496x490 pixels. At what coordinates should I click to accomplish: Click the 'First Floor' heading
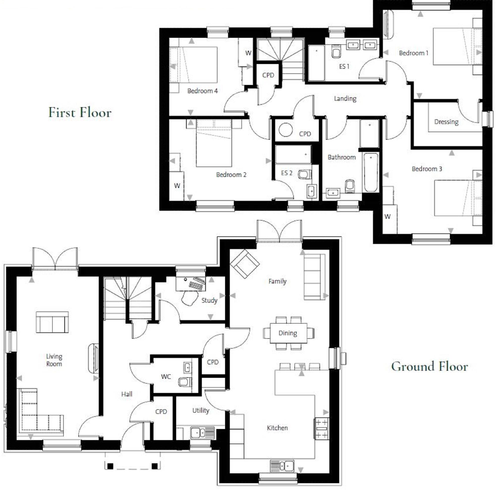80,112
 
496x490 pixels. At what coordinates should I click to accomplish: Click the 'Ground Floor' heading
429,366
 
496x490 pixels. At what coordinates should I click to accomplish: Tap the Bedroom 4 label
202,91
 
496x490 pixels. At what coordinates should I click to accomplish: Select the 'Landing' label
345,98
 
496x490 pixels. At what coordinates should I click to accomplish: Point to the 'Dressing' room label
446,122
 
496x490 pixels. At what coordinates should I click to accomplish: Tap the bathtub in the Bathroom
371,172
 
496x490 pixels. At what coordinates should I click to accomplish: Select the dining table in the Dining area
288,333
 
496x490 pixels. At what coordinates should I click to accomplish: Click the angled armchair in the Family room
245,264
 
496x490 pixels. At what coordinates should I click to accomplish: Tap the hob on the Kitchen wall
321,428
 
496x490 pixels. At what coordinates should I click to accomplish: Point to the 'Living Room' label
54,360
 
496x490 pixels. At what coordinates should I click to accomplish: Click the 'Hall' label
127,394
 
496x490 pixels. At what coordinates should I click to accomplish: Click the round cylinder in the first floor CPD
286,130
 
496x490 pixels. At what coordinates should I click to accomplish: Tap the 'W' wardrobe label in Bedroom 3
387,217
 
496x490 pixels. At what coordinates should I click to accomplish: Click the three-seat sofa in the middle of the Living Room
52,322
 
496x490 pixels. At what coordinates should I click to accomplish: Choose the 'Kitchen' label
277,428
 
